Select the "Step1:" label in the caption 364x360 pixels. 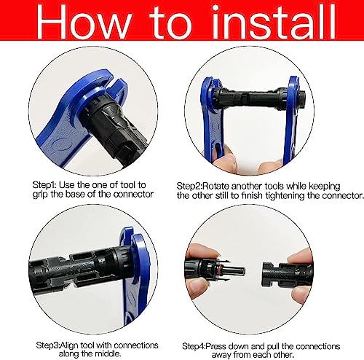44,185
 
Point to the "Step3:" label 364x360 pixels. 48,345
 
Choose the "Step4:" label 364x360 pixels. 194,346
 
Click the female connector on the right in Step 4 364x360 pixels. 286,274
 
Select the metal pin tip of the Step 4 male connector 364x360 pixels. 242,270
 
